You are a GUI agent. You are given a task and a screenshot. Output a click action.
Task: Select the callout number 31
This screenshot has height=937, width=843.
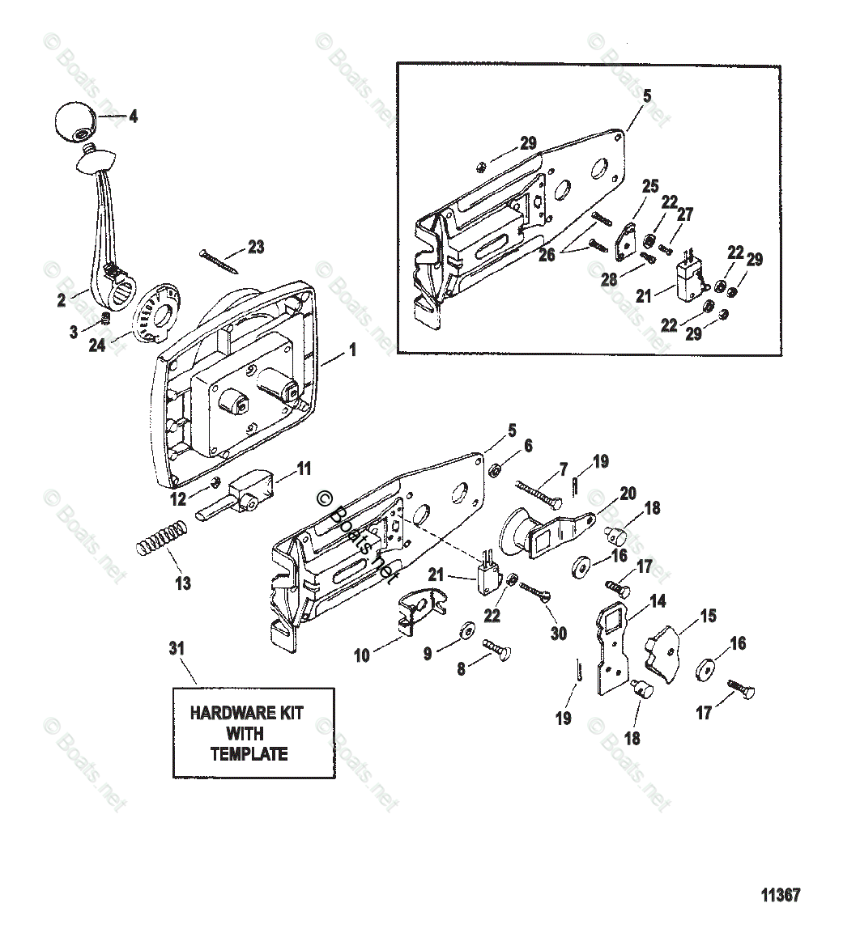177,648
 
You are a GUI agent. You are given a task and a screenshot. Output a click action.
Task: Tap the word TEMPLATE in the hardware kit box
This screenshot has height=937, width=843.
249,753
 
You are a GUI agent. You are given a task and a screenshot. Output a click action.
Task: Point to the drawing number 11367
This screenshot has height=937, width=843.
781,895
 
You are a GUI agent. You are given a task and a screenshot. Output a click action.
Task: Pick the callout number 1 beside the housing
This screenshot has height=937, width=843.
352,353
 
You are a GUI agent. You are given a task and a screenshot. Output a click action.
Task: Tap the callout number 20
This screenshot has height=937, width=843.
628,493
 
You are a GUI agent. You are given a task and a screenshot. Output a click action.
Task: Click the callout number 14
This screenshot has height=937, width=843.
658,601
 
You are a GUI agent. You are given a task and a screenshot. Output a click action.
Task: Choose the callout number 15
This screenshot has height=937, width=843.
708,616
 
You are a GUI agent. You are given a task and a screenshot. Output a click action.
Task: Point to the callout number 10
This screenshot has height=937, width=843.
361,655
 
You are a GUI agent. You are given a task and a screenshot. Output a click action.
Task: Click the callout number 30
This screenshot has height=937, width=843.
559,634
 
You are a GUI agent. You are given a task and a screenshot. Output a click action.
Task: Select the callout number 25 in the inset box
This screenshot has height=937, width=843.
650,186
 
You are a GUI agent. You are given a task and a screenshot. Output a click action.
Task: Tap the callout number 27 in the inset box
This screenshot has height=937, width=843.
685,214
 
